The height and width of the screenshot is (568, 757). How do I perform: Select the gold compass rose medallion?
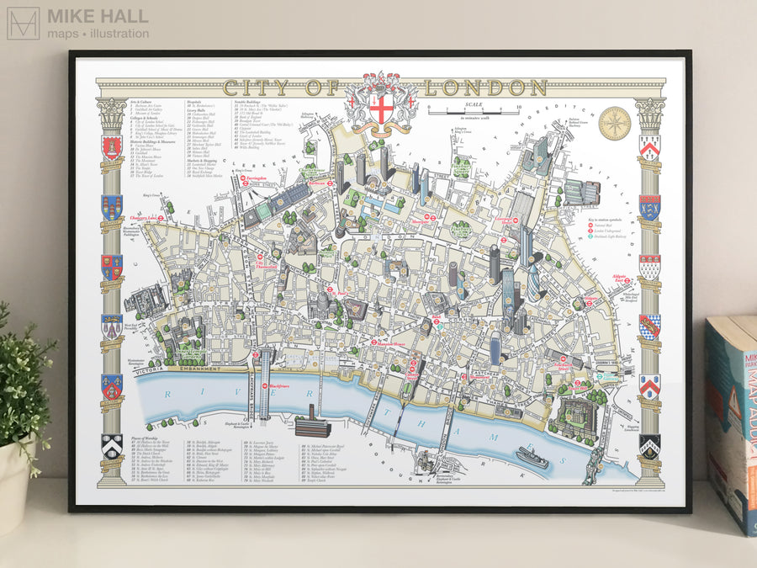coord(614,123)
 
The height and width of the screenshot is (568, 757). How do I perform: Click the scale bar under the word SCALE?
coord(474,109)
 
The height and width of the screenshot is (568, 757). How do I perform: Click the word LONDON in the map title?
coord(486,88)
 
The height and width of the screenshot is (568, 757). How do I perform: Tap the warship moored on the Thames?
coord(532,457)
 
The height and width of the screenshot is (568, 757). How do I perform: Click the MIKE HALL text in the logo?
coord(98,16)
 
